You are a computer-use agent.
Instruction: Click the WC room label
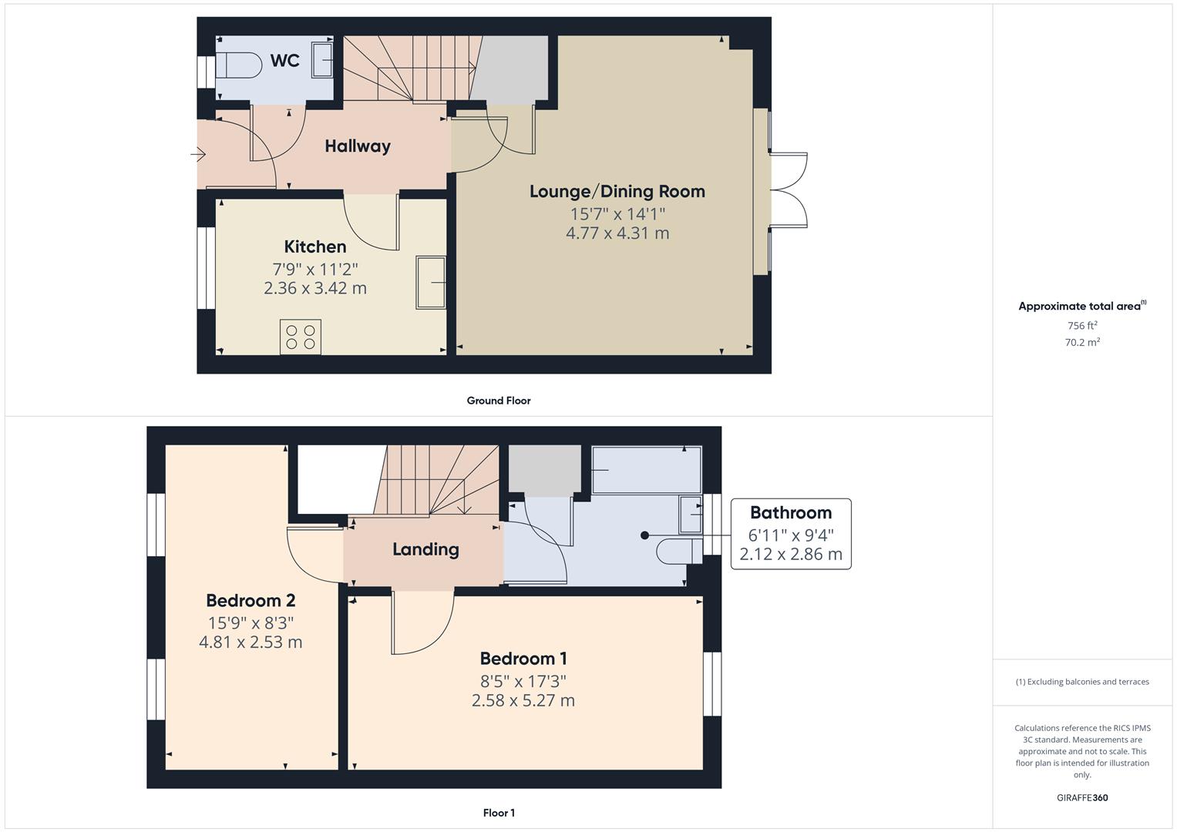[284, 61]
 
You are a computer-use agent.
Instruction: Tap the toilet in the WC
[236, 65]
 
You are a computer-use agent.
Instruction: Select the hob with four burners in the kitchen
[301, 337]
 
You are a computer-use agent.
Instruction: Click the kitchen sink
[431, 283]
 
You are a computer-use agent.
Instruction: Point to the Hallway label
[357, 146]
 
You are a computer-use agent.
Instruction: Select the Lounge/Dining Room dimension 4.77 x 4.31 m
[617, 233]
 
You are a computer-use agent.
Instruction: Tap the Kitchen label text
[314, 247]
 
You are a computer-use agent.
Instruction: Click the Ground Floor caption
[498, 401]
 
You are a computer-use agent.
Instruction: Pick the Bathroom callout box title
[790, 512]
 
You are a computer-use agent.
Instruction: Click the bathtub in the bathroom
[646, 469]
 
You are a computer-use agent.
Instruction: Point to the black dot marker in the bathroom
[645, 535]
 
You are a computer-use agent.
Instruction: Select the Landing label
[425, 549]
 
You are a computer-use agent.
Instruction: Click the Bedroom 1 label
[523, 659]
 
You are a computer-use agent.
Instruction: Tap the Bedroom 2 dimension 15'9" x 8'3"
[251, 622]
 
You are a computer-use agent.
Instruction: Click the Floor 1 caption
[499, 813]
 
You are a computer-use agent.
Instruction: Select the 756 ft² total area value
[1081, 326]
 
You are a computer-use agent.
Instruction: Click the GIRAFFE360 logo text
[1081, 798]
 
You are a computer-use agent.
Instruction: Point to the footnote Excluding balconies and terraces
[1082, 682]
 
